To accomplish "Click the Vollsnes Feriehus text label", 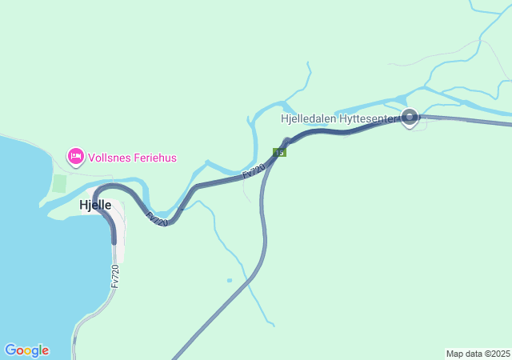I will pos(132,158).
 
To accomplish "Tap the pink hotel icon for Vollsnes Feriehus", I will pos(76,156).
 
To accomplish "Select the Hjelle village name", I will pos(95,205).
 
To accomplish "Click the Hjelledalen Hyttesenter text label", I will pos(339,118).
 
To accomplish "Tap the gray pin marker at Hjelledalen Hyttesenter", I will pos(410,118).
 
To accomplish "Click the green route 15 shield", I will pos(279,151).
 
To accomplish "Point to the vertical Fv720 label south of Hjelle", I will pos(115,276).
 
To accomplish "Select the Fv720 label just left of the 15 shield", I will pos(254,170).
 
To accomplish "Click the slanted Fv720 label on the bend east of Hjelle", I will pos(157,218).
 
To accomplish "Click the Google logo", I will pos(26,350).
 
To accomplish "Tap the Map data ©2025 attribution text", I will pos(478,354).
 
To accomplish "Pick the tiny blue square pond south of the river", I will pos(230,280).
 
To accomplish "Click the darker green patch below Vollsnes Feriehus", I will pos(59,183).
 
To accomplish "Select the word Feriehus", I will pos(154,158).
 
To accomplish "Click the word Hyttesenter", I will pos(371,118).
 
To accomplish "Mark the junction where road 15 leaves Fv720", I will pos(284,145).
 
